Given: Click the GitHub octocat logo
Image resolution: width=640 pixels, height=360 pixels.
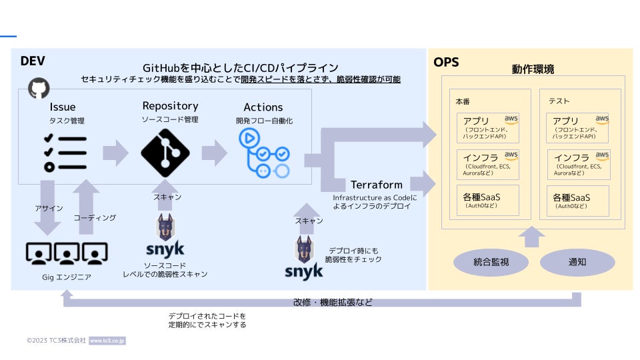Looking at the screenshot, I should click(x=39, y=88).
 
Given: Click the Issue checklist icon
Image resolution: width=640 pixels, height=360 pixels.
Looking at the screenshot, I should click(x=64, y=153).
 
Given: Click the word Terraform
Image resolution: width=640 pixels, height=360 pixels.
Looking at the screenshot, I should click(x=377, y=184).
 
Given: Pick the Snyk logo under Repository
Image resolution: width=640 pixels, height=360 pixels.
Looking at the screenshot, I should click(x=165, y=237).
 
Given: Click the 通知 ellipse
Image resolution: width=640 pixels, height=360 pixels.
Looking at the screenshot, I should click(x=577, y=262).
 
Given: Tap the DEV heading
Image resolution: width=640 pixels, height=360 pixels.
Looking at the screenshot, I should click(x=33, y=61).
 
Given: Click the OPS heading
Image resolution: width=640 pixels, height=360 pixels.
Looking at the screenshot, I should click(x=446, y=63).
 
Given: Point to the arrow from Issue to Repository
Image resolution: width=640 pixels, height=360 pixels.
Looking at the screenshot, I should click(x=115, y=153).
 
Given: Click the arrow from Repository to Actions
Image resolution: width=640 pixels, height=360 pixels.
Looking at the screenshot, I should click(x=214, y=153).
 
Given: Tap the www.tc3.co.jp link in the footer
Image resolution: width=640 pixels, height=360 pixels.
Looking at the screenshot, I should click(x=107, y=341).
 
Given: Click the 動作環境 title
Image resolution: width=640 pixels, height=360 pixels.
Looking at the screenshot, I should click(x=533, y=69).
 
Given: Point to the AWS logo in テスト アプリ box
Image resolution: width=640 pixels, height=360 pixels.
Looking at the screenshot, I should click(x=602, y=119).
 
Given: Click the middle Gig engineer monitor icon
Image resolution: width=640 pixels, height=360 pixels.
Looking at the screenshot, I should click(x=67, y=253).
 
